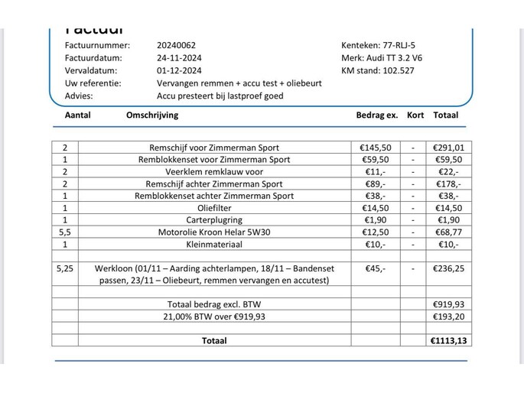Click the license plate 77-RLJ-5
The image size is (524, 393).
[390, 45]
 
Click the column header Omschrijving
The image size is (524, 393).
[151, 115]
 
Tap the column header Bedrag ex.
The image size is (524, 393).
[377, 115]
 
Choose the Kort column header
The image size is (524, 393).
[415, 115]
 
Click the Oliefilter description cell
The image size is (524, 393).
[214, 208]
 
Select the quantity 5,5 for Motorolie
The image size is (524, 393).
[64, 232]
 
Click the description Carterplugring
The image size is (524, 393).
[214, 220]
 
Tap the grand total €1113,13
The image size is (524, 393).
[448, 341]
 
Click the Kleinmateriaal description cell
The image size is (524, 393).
[214, 245]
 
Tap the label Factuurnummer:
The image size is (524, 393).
[97, 45]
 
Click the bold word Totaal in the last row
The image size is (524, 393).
[214, 341]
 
